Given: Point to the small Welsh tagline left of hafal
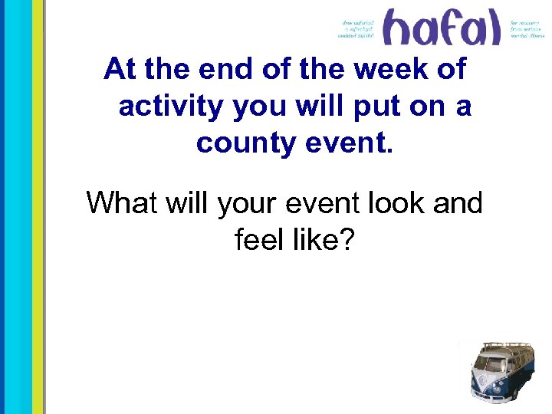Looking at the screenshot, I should point(358,29).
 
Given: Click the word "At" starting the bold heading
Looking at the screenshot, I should point(120,70).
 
